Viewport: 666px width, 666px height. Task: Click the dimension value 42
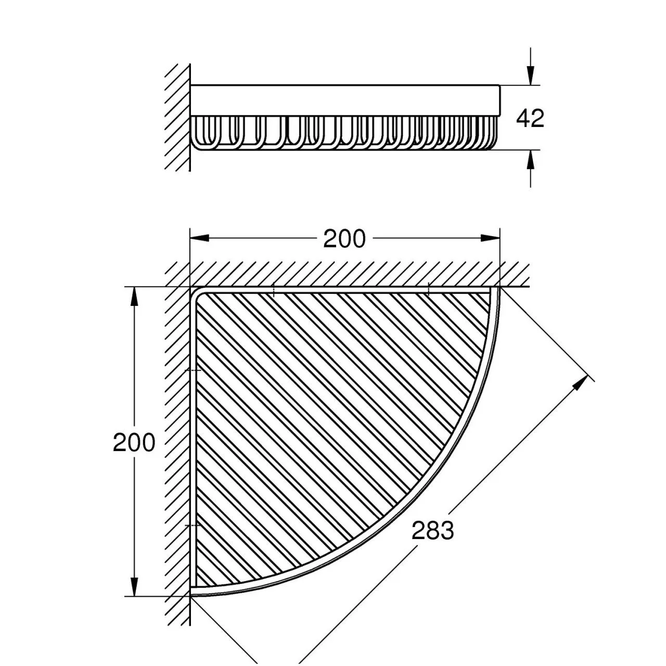pos(530,118)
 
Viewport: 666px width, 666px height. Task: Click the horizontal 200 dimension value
pos(344,238)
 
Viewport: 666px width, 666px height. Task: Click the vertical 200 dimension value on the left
pos(134,442)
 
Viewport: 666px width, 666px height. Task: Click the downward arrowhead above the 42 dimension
pos(531,75)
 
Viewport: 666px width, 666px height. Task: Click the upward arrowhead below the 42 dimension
pos(531,160)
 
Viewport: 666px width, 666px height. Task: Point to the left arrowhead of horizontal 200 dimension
pos(200,238)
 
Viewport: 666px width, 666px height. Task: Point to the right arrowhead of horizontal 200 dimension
pos(490,238)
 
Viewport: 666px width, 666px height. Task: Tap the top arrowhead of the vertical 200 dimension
pos(134,297)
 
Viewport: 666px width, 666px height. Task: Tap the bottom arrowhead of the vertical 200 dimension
pos(134,586)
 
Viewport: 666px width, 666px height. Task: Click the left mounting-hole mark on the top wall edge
pos(273,290)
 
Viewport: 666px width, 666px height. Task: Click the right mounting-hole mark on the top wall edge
pos(428,290)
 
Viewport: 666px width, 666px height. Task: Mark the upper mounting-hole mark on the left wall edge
pos(193,370)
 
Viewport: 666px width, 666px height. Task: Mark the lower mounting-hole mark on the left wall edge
pos(193,525)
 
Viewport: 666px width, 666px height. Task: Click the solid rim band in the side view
pos(345,100)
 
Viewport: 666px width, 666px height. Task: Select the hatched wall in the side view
pos(177,118)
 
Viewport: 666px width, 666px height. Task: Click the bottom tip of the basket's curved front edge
pos(191,595)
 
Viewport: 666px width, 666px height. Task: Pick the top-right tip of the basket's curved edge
pos(499,288)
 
